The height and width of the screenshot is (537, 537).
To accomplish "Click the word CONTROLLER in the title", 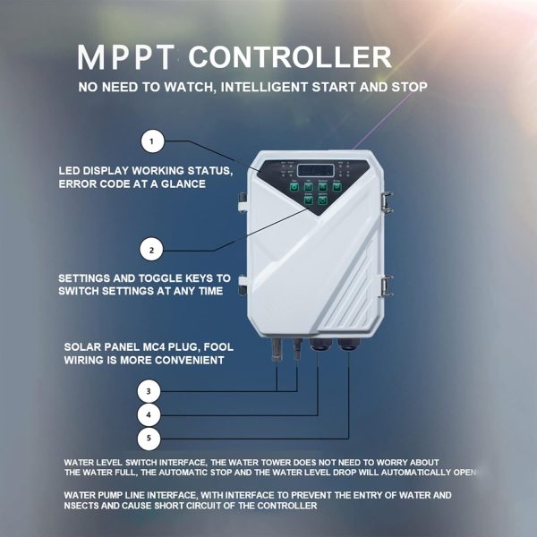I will (290, 59).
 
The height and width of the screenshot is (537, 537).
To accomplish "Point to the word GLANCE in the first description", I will (184, 184).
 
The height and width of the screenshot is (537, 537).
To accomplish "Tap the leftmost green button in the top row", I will (294, 187).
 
